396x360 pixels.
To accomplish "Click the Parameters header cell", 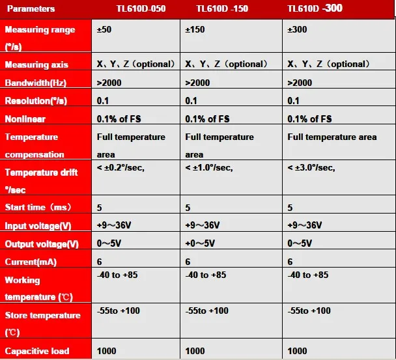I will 32,9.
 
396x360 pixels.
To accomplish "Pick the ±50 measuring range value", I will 104,30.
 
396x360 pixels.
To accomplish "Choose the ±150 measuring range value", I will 195,30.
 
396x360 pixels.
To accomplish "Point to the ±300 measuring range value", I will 297,30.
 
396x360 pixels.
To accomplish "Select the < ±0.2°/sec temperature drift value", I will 120,168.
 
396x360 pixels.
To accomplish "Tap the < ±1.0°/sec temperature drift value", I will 209,168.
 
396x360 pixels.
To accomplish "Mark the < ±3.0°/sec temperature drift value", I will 311,168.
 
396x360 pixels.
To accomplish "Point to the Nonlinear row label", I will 25,120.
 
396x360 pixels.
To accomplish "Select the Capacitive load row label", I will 36,352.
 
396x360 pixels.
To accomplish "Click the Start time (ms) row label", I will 37,207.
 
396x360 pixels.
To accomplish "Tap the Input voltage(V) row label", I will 38,225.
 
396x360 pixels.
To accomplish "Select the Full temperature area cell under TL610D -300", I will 332,137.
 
